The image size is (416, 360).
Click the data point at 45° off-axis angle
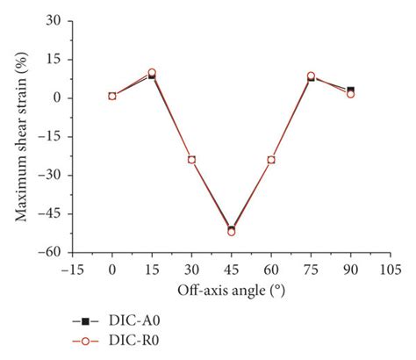click(231, 231)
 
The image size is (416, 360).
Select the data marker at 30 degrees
click(191, 160)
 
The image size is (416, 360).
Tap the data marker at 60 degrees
click(271, 160)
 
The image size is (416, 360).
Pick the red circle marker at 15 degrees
click(152, 73)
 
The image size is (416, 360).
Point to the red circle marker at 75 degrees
click(311, 76)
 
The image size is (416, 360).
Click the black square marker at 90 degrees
click(350, 90)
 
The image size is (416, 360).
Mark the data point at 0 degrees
click(112, 96)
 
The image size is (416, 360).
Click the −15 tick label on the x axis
click(71, 269)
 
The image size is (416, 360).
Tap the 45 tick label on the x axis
click(231, 269)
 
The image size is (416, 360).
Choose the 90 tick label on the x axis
click(350, 269)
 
